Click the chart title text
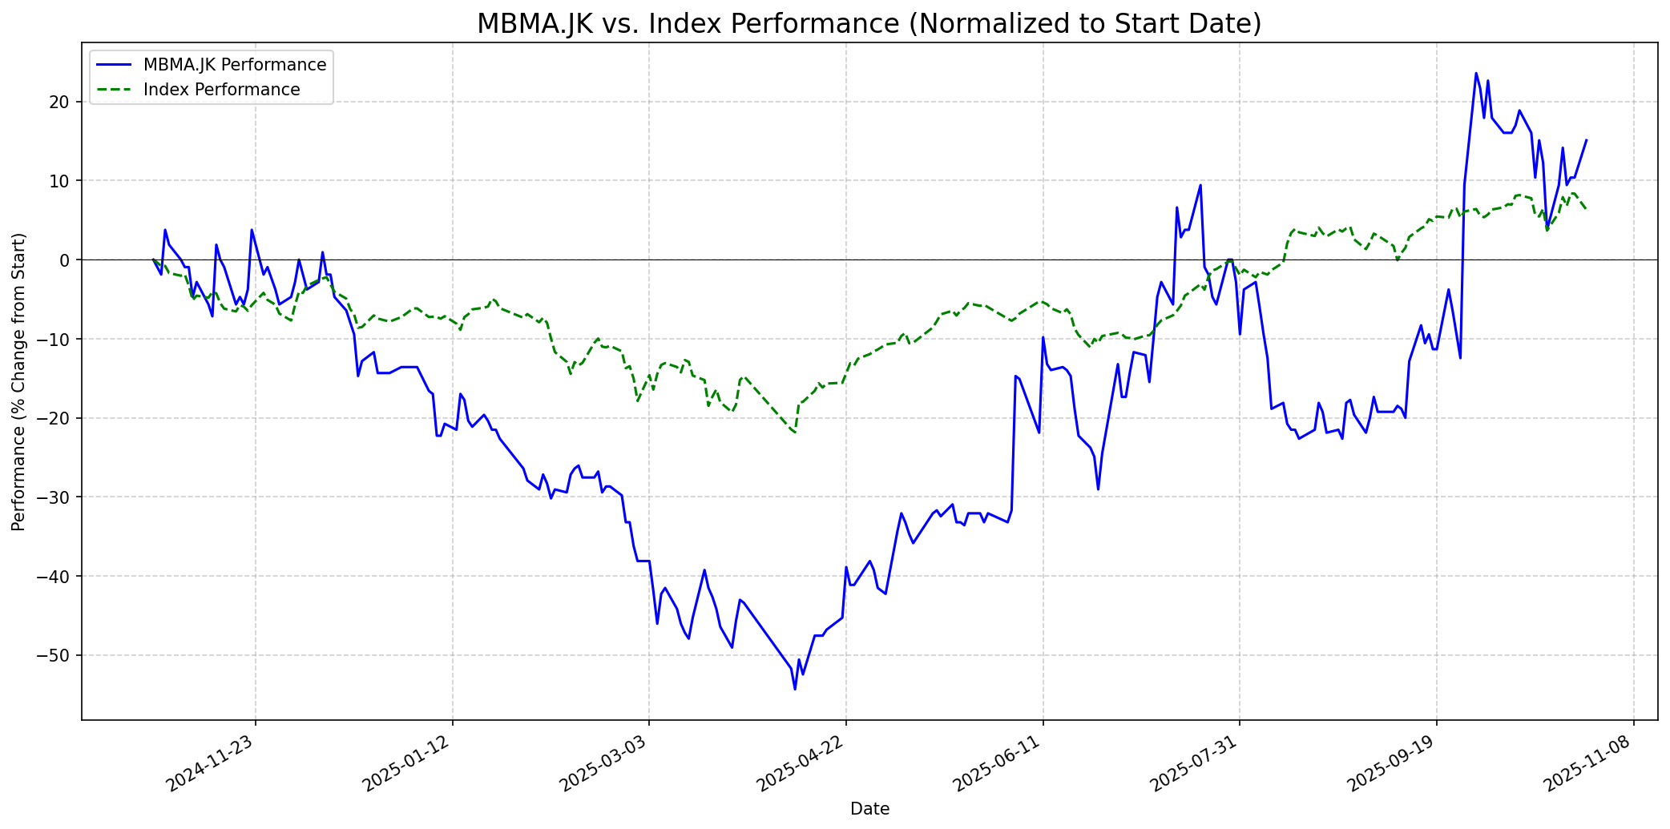tap(869, 24)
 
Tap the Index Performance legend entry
tap(221, 90)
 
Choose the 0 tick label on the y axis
tap(67, 260)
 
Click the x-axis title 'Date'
tap(869, 809)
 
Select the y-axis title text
tap(19, 381)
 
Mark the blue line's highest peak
tap(1476, 74)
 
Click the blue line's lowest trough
tap(795, 689)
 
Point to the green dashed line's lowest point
tap(795, 433)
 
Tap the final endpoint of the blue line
tap(1586, 140)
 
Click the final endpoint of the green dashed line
tap(1586, 208)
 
